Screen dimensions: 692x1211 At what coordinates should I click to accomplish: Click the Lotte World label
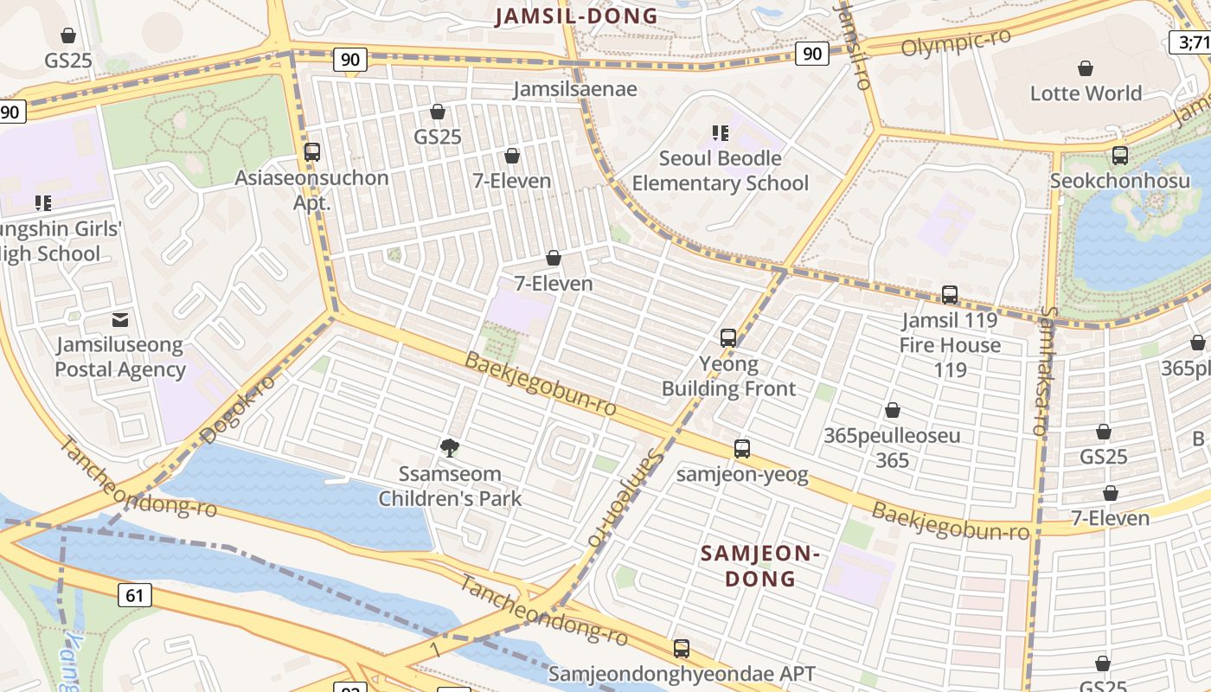click(1086, 93)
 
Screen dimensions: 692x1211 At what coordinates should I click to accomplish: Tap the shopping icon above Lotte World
click(1086, 68)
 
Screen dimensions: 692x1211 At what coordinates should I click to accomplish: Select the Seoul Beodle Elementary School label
click(720, 170)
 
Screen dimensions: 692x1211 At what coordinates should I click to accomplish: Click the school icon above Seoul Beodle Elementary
click(720, 132)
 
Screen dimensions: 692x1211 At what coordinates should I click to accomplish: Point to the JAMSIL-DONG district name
click(577, 16)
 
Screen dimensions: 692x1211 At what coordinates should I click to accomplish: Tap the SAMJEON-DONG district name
click(759, 566)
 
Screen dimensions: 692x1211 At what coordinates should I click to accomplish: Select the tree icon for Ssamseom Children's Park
click(449, 447)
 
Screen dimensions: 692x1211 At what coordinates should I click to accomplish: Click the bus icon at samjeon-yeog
click(741, 449)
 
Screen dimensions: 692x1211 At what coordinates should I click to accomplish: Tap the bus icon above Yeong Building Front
click(728, 338)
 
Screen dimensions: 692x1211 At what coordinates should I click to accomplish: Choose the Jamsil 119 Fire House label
click(950, 345)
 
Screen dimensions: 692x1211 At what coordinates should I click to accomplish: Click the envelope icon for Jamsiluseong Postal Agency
click(120, 320)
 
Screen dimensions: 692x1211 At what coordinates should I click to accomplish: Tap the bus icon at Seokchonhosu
click(1120, 156)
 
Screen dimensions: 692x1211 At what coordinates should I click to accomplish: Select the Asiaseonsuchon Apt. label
click(312, 189)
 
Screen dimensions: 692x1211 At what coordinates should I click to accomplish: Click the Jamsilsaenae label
click(575, 89)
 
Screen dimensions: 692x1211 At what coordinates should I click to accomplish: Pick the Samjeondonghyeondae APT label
click(682, 674)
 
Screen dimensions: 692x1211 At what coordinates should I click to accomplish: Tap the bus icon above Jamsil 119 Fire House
click(950, 295)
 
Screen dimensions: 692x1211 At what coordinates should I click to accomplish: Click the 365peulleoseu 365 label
click(892, 447)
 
